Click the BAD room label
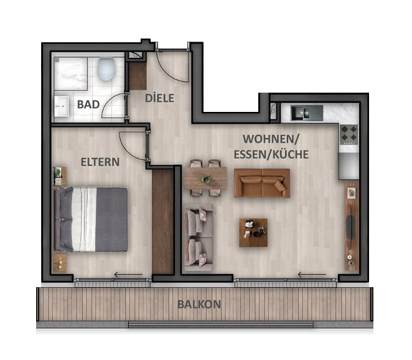88,104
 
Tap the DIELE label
159,98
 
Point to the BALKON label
199,305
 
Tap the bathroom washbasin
60,106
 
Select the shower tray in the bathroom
73,73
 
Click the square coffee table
253,232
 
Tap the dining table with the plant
205,179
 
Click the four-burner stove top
349,134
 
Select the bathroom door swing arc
115,106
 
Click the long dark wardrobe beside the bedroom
162,221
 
